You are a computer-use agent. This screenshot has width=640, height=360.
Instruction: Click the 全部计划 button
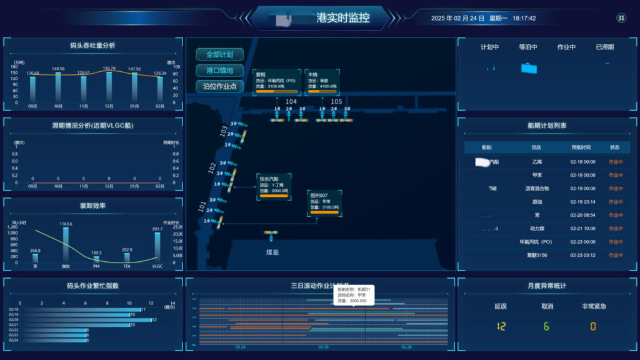click(x=219, y=54)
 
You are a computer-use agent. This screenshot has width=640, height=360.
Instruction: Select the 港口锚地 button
click(x=219, y=70)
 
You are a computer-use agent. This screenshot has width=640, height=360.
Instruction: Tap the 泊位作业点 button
click(x=219, y=86)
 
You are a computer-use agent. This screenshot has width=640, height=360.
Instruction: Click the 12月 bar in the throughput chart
click(x=109, y=87)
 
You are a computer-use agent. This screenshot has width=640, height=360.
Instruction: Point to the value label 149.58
click(x=58, y=69)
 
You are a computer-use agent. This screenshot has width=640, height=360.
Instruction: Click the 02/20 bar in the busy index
click(x=81, y=319)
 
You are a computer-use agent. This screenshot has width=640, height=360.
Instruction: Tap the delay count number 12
click(x=501, y=326)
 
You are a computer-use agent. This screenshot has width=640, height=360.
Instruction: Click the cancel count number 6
click(x=546, y=326)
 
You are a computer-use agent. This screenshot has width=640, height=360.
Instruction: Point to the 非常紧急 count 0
click(x=593, y=326)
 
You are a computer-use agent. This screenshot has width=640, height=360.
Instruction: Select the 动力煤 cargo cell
click(x=537, y=228)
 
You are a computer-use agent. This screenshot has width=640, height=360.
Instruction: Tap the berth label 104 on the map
click(x=291, y=101)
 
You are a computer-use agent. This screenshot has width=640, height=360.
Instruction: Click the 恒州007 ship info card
click(x=324, y=204)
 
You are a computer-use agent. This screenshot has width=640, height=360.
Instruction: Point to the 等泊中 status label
click(x=529, y=47)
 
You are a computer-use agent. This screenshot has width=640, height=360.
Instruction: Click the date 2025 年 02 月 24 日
click(x=458, y=18)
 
